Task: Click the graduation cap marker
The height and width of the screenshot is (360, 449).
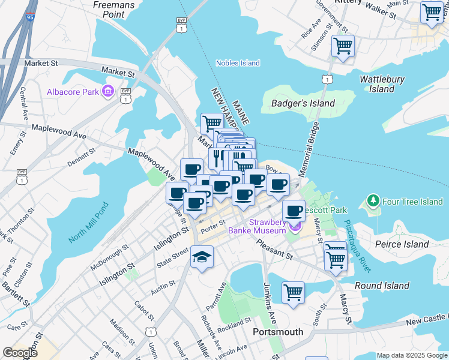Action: [202, 258]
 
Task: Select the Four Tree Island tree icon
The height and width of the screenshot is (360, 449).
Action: [373, 201]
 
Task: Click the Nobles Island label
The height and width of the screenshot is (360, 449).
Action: [238, 63]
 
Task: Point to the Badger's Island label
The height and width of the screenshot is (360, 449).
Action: [303, 103]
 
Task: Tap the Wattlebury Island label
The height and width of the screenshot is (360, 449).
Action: [382, 84]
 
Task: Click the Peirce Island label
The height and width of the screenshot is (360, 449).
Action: [402, 244]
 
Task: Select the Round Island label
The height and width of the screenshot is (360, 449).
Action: [382, 286]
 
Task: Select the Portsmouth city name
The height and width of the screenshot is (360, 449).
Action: [278, 332]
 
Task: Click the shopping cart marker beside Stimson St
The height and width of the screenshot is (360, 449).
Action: [343, 46]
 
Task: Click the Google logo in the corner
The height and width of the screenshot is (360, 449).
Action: [20, 353]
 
